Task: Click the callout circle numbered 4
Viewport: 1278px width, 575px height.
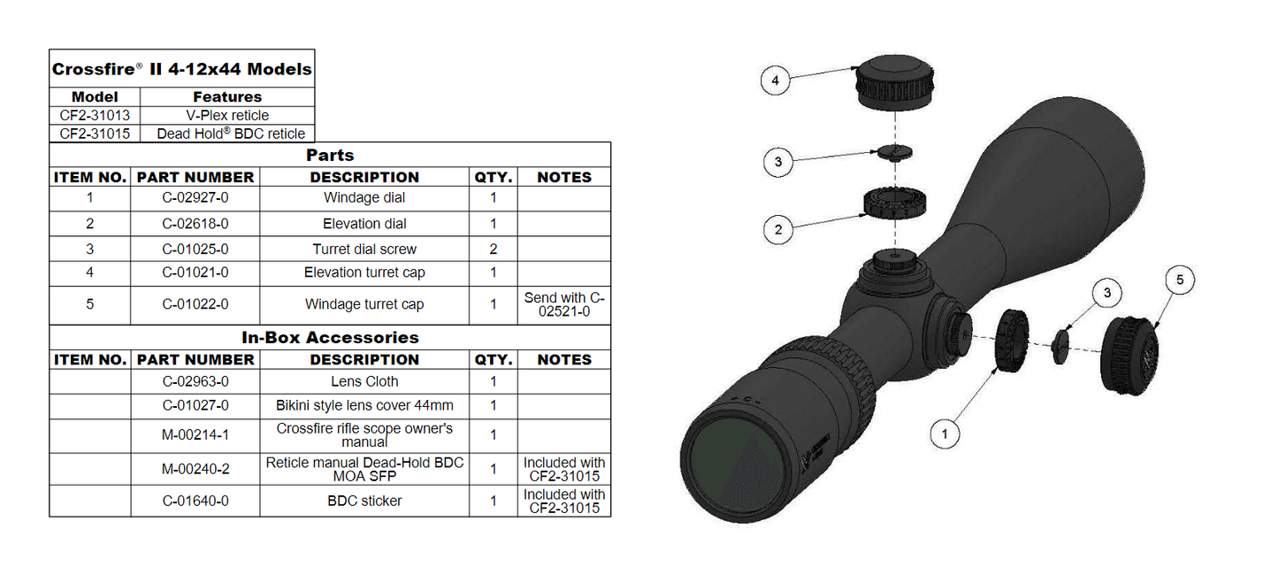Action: [x=776, y=80]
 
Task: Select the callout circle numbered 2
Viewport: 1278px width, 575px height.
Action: [x=777, y=230]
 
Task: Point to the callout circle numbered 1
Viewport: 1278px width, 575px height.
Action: [x=945, y=433]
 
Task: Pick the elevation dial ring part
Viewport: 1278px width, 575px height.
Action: [x=895, y=204]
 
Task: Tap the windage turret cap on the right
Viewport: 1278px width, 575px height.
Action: [x=1128, y=356]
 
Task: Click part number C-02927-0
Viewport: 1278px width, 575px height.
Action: [x=195, y=198]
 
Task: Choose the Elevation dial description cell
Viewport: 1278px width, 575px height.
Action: [x=364, y=224]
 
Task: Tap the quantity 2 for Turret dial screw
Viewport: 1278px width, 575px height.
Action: [x=494, y=249]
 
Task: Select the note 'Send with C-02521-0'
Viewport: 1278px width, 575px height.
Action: [x=564, y=304]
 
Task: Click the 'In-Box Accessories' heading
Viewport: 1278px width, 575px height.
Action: [x=330, y=337]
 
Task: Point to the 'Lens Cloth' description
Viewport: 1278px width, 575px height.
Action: [x=364, y=382]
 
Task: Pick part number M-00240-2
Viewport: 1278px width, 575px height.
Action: [x=195, y=469]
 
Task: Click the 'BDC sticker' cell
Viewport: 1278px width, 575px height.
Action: [x=364, y=501]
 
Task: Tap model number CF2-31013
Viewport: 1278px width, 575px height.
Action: [x=95, y=115]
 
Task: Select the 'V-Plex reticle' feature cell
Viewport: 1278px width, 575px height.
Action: [x=227, y=115]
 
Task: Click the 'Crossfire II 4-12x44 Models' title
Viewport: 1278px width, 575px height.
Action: [x=181, y=69]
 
